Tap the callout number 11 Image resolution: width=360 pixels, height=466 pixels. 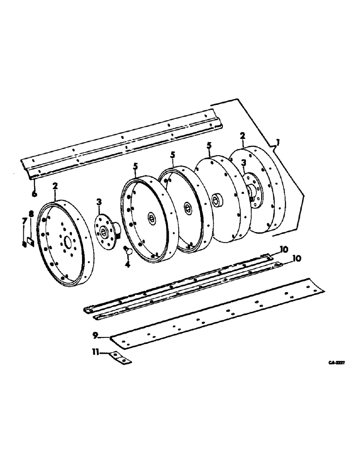(x=96, y=354)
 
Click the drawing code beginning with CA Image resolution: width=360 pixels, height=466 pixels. (x=342, y=362)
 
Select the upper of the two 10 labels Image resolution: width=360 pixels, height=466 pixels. (x=284, y=248)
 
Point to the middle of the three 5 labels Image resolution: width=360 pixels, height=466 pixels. (x=172, y=156)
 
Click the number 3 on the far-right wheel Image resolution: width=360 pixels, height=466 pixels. (x=244, y=163)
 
